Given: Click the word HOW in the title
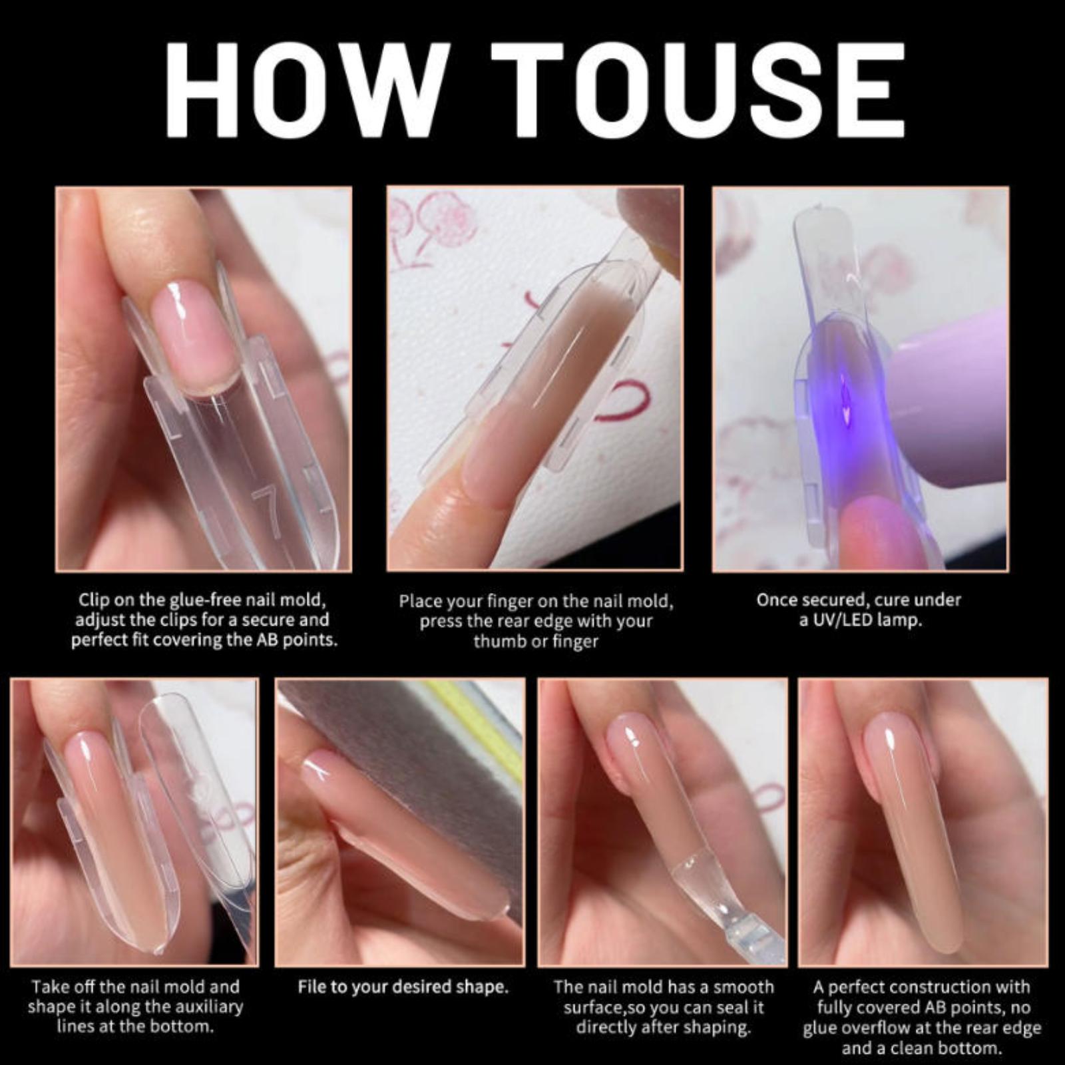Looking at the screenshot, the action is coord(304,91).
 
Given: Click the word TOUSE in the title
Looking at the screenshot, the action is coord(698,91).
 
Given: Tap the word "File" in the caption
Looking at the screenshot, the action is coord(312,986).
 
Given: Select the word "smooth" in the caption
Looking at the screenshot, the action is coord(741,986).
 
